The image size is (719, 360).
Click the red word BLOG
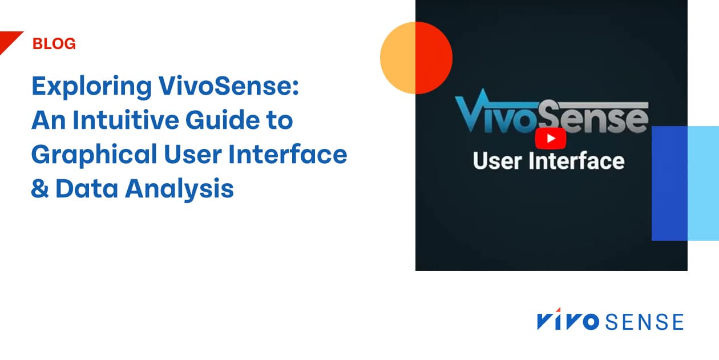(x=54, y=44)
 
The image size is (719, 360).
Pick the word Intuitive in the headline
(x=133, y=121)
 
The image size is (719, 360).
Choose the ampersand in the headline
(x=39, y=189)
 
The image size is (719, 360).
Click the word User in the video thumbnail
(x=496, y=161)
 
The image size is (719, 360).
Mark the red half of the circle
(x=434, y=58)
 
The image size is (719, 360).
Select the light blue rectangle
(x=703, y=183)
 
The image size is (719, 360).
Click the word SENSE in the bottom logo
(x=644, y=322)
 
